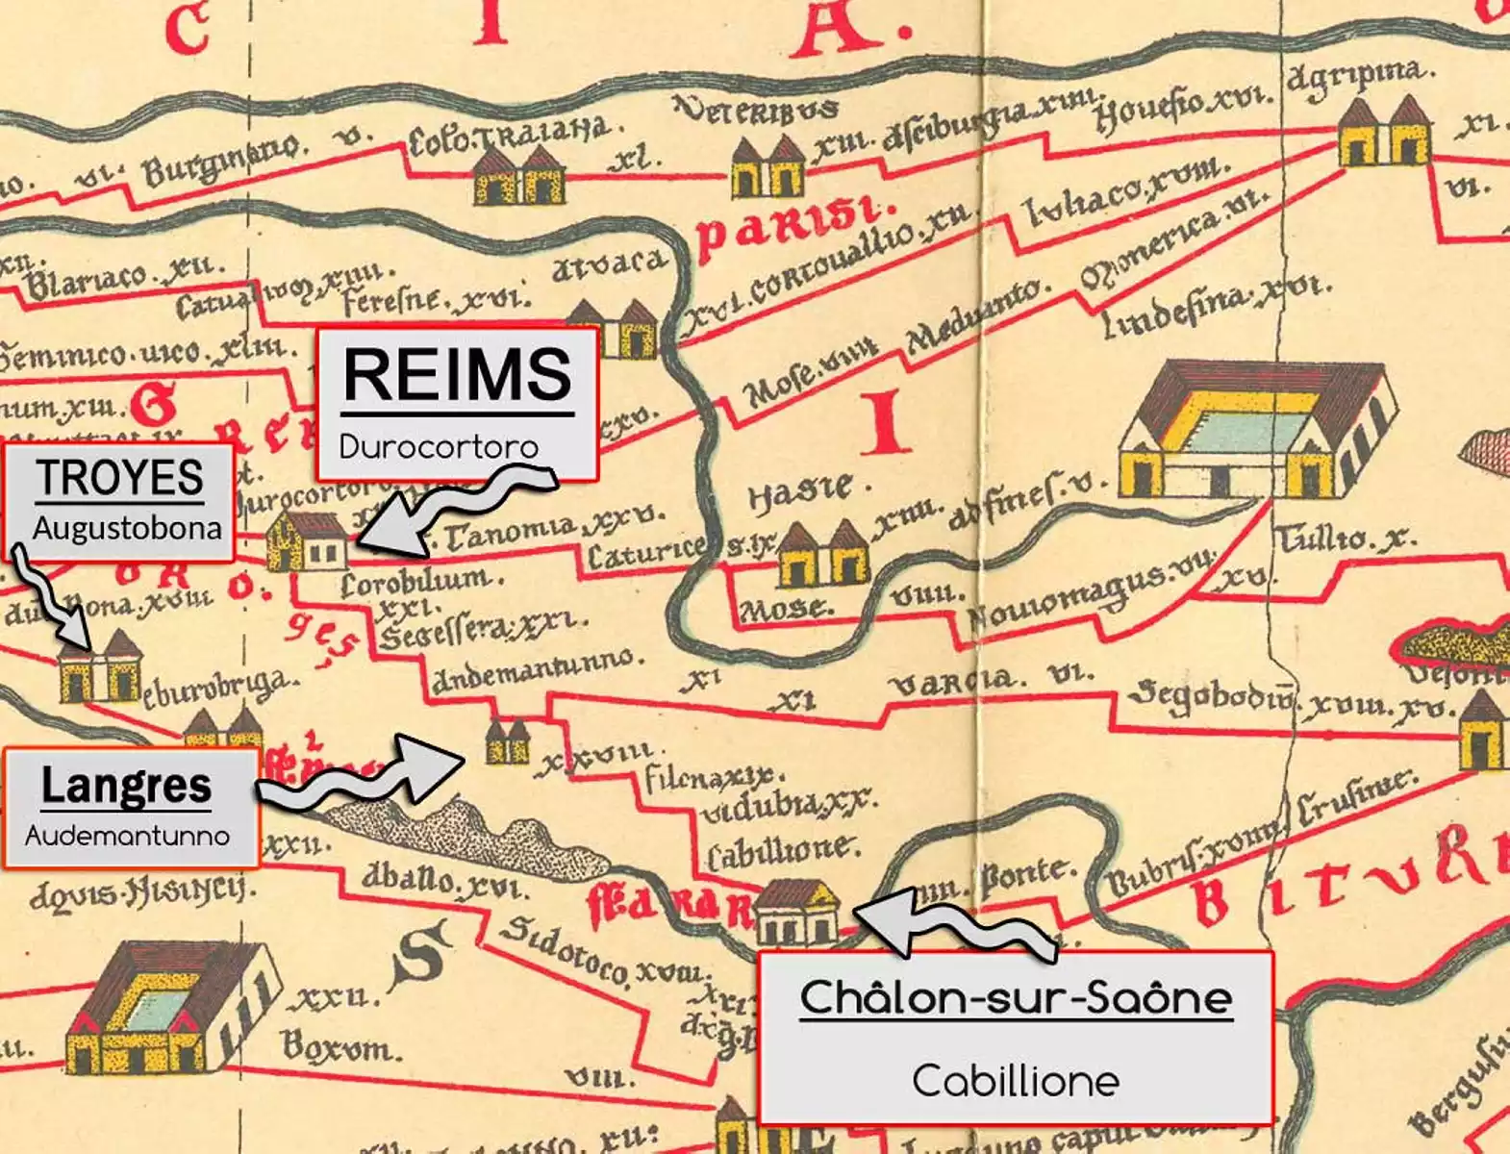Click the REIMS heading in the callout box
(458, 375)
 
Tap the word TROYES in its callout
(120, 478)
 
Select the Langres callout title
(126, 786)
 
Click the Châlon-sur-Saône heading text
(1016, 997)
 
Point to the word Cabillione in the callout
(1016, 1081)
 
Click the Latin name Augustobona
(127, 528)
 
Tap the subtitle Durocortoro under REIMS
(439, 446)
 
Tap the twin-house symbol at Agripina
(1384, 131)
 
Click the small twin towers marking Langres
(507, 740)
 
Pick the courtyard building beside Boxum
(164, 1010)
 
